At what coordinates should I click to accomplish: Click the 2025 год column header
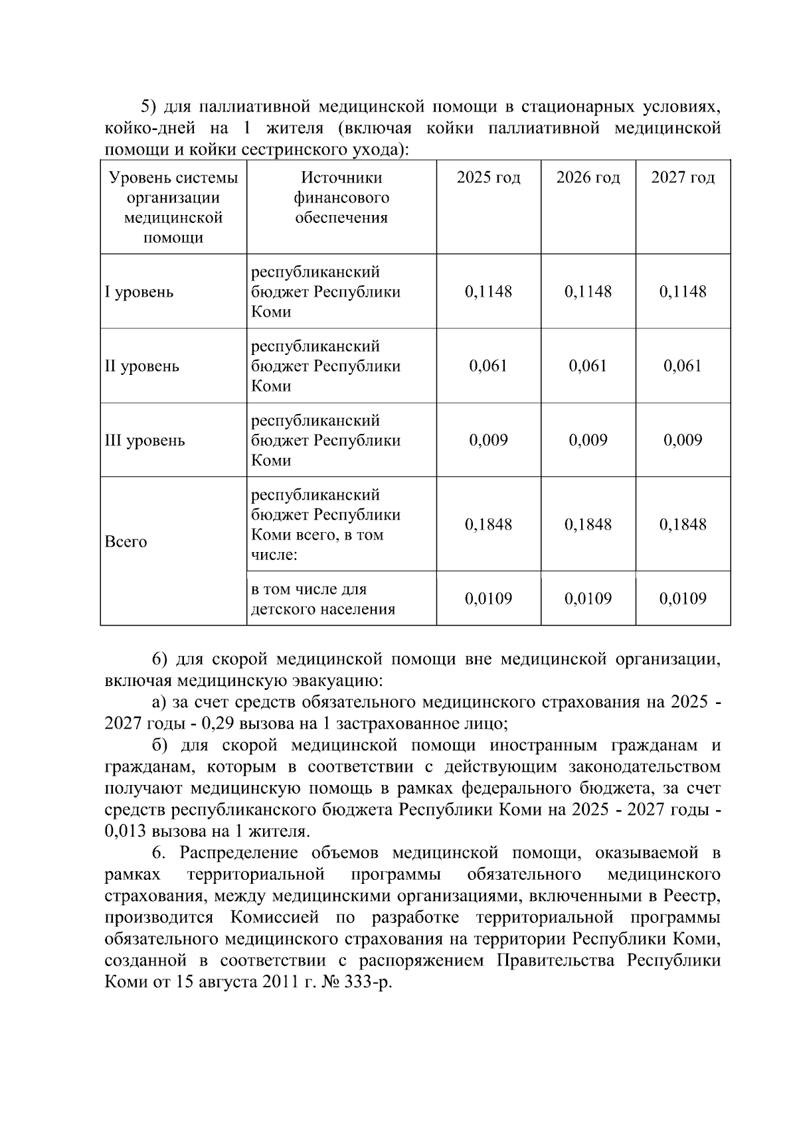(x=488, y=178)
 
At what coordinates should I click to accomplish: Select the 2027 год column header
(x=683, y=178)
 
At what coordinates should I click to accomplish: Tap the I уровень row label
(x=139, y=292)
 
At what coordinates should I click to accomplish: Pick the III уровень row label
(x=145, y=441)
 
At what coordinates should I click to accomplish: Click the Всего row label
(x=126, y=542)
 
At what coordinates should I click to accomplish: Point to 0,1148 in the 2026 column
(x=588, y=292)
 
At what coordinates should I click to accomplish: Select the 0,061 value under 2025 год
(x=488, y=366)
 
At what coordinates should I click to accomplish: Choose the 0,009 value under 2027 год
(x=683, y=441)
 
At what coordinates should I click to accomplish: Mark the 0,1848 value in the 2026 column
(x=588, y=525)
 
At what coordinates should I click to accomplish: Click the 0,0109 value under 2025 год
(x=488, y=599)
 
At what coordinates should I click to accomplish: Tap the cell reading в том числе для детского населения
(x=323, y=599)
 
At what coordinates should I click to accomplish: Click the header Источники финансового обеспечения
(x=341, y=198)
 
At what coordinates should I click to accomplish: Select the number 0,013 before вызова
(x=126, y=831)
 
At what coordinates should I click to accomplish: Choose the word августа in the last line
(x=226, y=982)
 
